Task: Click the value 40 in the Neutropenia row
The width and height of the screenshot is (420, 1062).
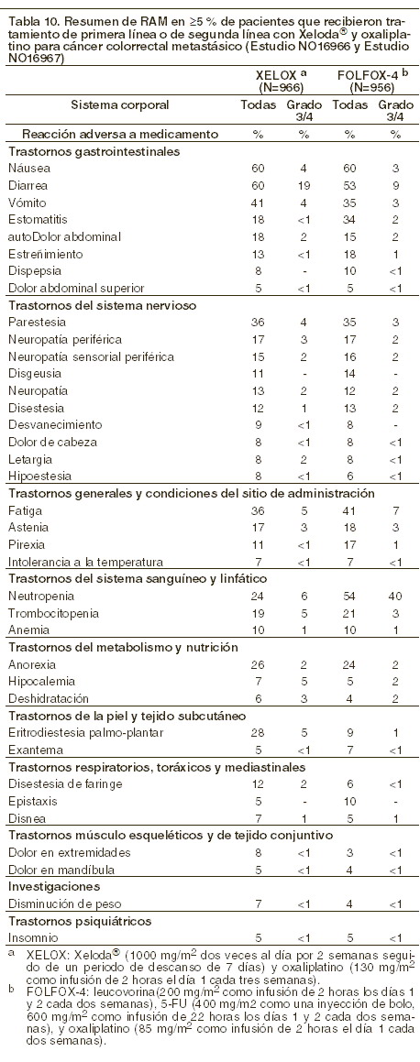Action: pos(395,597)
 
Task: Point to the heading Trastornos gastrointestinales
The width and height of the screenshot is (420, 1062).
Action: pos(94,151)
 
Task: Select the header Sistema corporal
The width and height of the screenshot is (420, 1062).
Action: pos(120,105)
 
